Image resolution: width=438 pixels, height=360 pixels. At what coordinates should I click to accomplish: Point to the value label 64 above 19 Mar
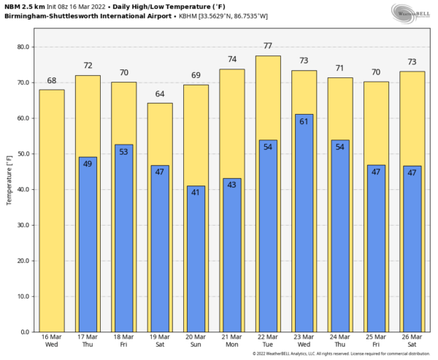(x=160, y=93)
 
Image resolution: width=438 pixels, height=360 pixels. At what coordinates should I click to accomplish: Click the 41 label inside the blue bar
(x=196, y=192)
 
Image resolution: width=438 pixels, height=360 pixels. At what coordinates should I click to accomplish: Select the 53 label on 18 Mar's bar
(x=123, y=151)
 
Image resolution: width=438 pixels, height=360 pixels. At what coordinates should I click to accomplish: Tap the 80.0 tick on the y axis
(x=23, y=47)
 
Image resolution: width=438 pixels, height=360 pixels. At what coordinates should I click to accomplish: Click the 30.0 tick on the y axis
(x=23, y=226)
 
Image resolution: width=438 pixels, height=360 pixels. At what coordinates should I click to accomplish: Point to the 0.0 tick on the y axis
(x=25, y=332)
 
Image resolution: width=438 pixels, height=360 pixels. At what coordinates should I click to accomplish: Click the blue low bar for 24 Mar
(x=340, y=236)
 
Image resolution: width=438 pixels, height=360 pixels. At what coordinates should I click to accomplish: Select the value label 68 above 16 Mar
(x=52, y=80)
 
